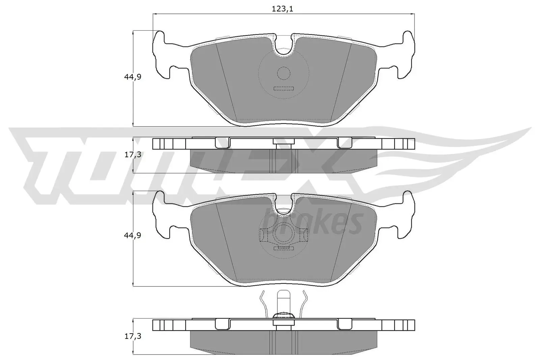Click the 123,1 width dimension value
[x=282, y=9]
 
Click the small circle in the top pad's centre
[x=283, y=73]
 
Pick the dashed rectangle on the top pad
[x=283, y=89]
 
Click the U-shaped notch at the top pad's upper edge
[x=283, y=47]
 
